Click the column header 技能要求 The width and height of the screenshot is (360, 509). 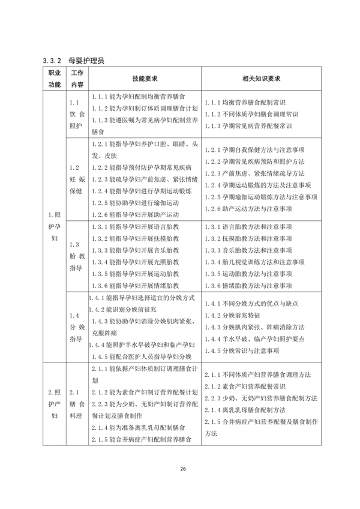pos(145,79)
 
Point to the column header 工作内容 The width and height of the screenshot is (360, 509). pos(77,79)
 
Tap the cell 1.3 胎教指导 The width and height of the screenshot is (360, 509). pos(77,256)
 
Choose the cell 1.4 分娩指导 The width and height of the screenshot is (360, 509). pos(77,327)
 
